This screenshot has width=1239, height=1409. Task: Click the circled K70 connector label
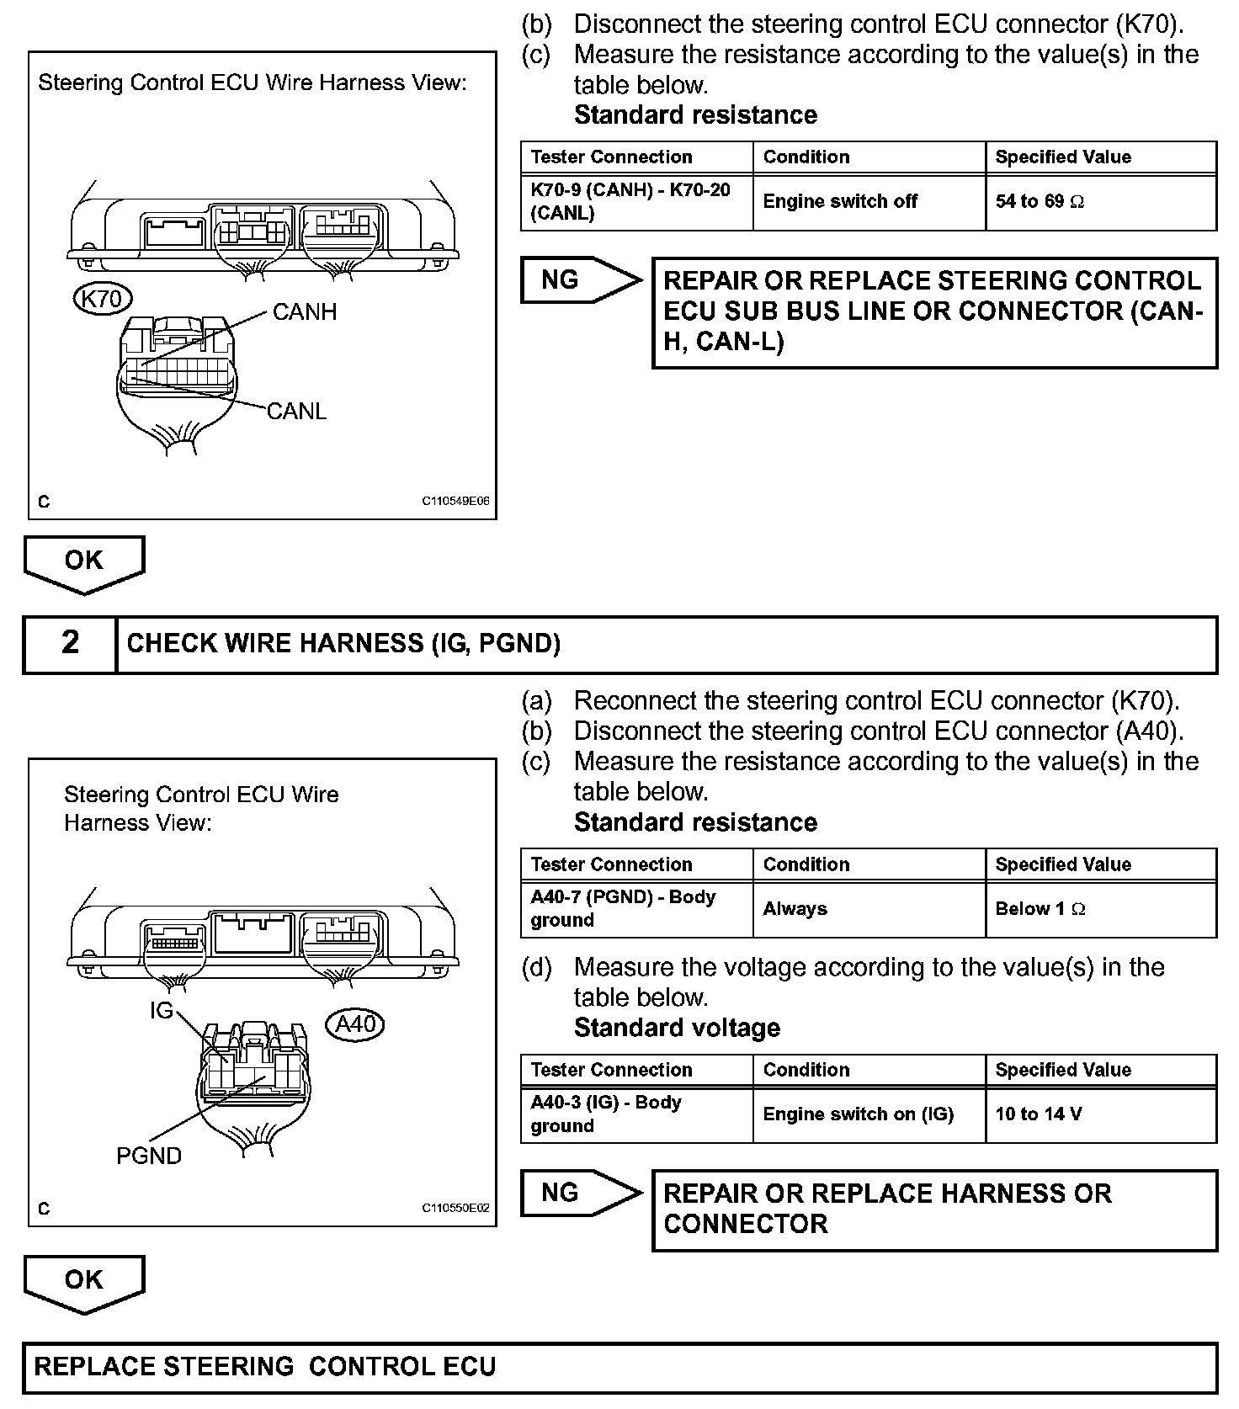coord(103,299)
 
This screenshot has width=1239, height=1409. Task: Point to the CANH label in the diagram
coord(305,312)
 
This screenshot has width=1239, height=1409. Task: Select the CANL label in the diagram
coord(296,412)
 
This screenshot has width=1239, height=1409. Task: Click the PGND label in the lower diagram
coord(149,1156)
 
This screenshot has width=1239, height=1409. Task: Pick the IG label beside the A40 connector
coord(161,1010)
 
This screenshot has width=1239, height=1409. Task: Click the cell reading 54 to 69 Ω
coord(1100,202)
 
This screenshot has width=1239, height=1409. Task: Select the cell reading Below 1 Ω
coord(1100,909)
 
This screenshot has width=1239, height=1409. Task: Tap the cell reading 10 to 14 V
coord(1100,1114)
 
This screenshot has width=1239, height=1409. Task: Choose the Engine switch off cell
coord(868,202)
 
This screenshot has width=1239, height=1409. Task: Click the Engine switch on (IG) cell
coord(868,1114)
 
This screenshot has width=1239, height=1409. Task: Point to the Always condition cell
coord(868,909)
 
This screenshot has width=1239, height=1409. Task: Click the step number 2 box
coord(70,644)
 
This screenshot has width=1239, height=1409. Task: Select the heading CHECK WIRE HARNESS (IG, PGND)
coord(343,644)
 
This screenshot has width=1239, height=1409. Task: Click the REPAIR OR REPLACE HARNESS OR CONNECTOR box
coord(934,1209)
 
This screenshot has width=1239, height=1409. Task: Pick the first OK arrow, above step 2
coord(83,562)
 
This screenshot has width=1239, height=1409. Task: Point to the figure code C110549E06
coord(455,502)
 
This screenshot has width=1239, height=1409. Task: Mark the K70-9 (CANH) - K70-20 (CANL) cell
coord(636,202)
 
